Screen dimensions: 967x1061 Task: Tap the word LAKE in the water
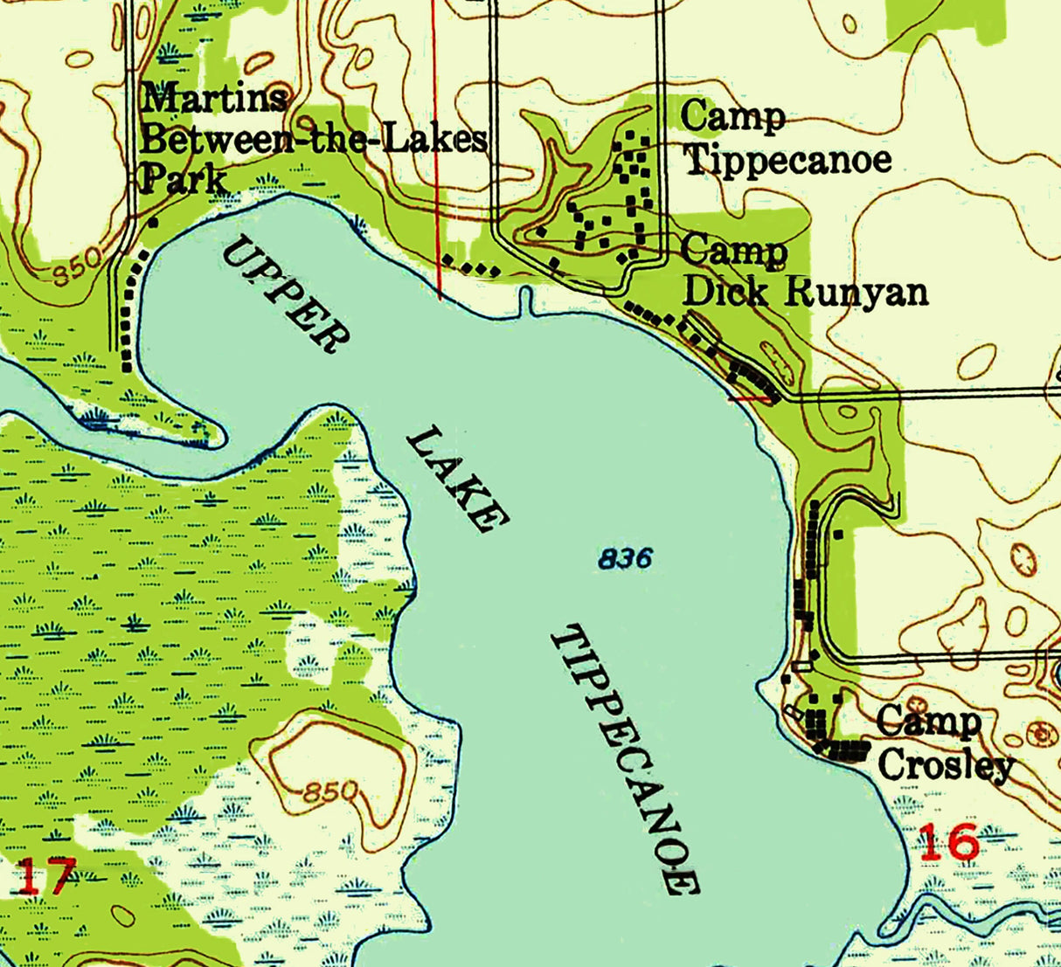tap(457, 479)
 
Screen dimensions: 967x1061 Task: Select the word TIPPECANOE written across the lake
tap(625, 760)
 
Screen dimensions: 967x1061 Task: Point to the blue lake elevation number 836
tap(626, 557)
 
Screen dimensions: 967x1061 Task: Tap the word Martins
tap(214, 98)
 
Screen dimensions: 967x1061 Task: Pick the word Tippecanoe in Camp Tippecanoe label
tap(787, 160)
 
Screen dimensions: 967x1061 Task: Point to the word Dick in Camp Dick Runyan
tap(725, 291)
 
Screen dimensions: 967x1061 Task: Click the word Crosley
tap(946, 766)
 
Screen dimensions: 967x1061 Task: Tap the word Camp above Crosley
tap(928, 722)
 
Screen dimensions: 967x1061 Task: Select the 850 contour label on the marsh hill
tap(329, 793)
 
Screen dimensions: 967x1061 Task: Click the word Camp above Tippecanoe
tap(732, 115)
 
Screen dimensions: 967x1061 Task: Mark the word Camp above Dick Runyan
tap(733, 252)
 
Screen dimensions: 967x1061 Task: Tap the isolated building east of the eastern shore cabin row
tap(838, 534)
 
